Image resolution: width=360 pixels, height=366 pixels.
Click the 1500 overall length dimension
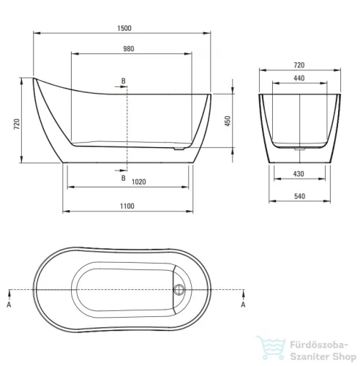coord(124,29)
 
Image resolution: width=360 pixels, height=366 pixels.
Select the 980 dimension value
coord(129,49)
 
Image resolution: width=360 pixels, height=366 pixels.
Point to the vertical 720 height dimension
coord(17,124)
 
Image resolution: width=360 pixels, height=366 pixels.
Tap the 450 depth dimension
coord(228,121)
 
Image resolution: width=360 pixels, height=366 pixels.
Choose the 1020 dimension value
coord(139,182)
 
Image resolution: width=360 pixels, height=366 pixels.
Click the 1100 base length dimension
coord(127,206)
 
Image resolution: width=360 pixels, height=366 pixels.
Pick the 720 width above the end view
coord(299,65)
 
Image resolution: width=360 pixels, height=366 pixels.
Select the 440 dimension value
coord(299,78)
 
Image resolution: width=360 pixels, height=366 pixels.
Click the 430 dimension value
coord(299,174)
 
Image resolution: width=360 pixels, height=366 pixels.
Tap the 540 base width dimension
coord(299,196)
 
